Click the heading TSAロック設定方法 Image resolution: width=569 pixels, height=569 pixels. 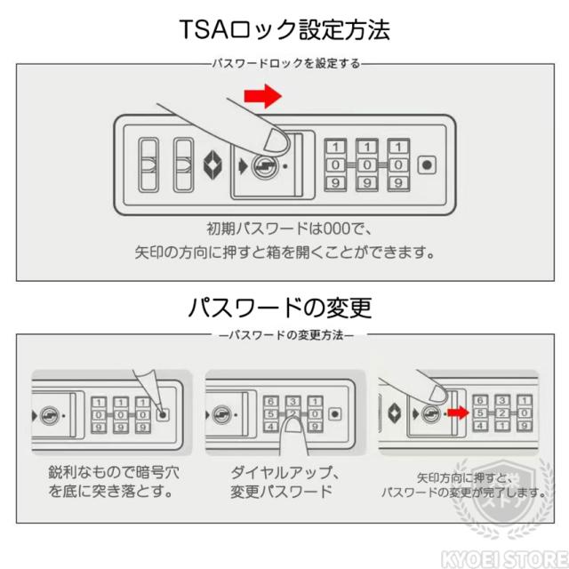pos(284,31)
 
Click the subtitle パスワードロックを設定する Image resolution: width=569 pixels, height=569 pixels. pos(284,64)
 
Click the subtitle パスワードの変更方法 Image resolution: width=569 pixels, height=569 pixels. pos(285,337)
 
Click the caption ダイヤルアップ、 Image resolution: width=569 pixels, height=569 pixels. pos(281,472)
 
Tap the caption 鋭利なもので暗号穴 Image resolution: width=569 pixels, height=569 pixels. pos(106,472)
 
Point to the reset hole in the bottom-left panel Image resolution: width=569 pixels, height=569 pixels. pos(164,413)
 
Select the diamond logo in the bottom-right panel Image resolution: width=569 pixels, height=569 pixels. pos(394,413)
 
